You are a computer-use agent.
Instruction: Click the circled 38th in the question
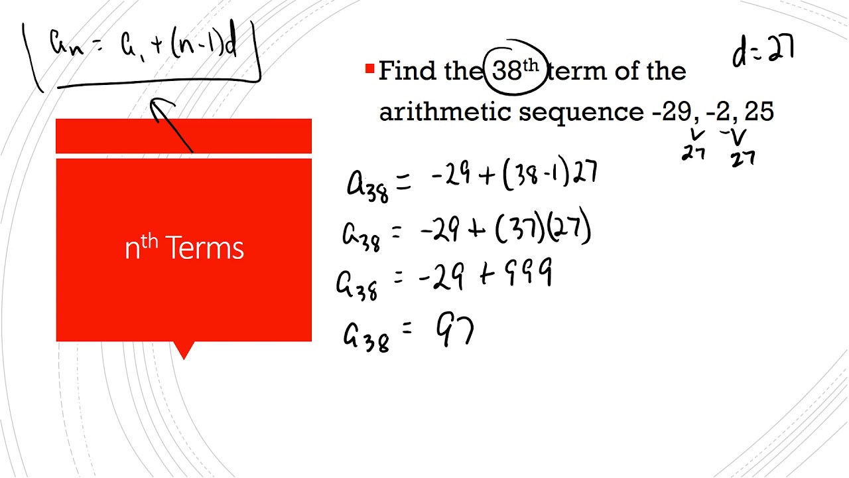pos(515,70)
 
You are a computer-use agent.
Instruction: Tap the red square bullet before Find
pos(369,68)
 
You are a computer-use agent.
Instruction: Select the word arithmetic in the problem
pos(445,112)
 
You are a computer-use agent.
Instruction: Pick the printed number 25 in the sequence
pos(759,112)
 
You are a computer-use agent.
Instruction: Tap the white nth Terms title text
pos(184,248)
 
